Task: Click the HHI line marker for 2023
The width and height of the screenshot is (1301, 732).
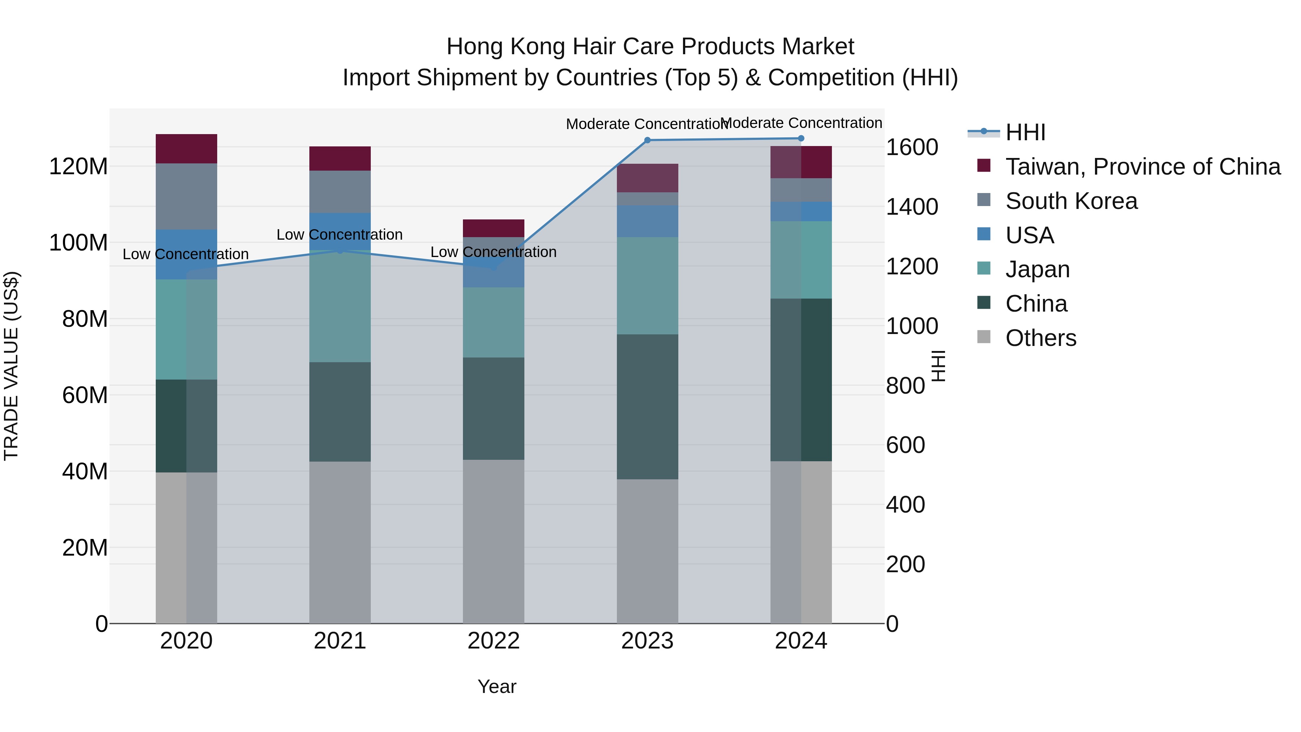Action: click(648, 140)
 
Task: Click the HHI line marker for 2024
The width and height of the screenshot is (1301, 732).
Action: click(801, 138)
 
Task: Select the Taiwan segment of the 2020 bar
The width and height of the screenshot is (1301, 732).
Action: click(186, 149)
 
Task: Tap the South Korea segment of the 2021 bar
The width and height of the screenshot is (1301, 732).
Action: click(340, 192)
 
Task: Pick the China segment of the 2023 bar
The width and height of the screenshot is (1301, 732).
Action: click(648, 407)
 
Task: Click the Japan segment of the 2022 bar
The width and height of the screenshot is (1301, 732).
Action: click(493, 322)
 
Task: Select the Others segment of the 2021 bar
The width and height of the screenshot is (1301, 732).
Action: click(340, 542)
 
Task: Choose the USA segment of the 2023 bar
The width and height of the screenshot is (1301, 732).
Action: click(648, 221)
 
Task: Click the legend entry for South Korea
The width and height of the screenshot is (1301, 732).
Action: click(1071, 201)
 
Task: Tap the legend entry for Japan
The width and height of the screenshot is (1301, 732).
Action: click(1037, 269)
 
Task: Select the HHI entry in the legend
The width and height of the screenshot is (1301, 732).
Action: click(1025, 132)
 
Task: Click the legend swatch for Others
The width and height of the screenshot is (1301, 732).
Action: click(984, 337)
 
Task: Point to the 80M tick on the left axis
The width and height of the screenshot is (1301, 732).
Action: click(85, 319)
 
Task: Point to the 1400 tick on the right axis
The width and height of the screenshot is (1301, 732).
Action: click(912, 207)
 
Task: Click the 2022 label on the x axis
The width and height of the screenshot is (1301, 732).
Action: click(493, 641)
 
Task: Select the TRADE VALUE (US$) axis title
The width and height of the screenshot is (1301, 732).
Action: click(11, 366)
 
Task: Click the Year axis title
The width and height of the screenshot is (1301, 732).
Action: click(497, 686)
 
